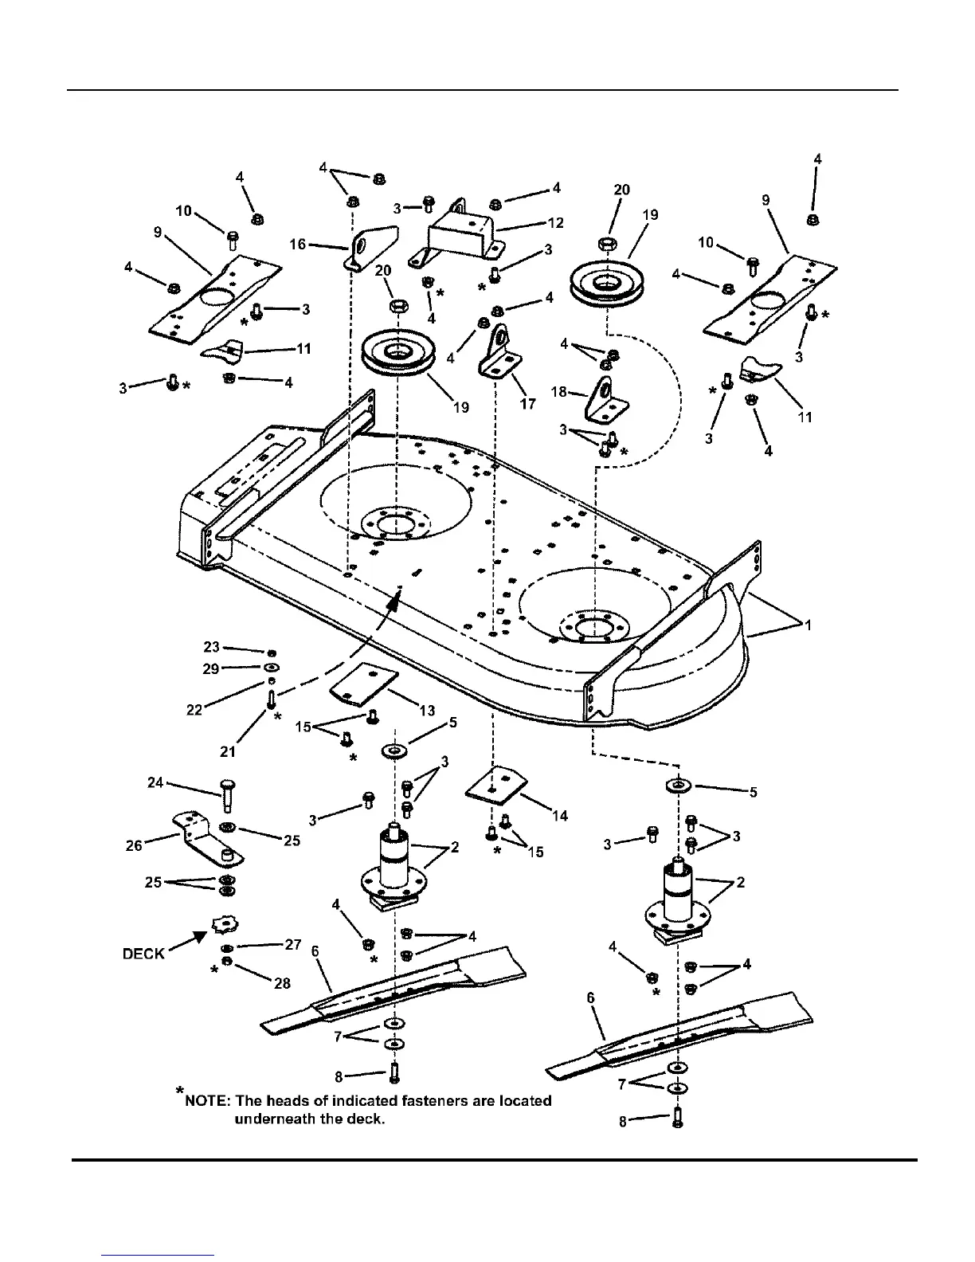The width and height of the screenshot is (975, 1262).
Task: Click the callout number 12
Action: tap(555, 223)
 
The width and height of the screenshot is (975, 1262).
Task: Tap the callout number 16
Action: tap(297, 244)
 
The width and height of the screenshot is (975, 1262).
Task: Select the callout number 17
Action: tap(527, 404)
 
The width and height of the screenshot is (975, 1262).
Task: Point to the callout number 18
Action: tap(558, 392)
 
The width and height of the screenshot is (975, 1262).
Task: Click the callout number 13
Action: tap(426, 710)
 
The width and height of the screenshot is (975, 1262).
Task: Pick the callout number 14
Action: tap(560, 815)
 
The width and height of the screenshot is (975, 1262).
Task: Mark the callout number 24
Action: tap(155, 782)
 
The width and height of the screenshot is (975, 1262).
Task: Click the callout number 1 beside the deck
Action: tap(809, 625)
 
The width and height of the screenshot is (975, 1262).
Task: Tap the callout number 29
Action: tap(210, 668)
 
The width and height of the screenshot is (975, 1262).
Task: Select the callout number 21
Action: tap(228, 751)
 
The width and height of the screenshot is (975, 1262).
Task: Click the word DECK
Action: tap(143, 954)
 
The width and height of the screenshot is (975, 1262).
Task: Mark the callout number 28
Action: tap(282, 983)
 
